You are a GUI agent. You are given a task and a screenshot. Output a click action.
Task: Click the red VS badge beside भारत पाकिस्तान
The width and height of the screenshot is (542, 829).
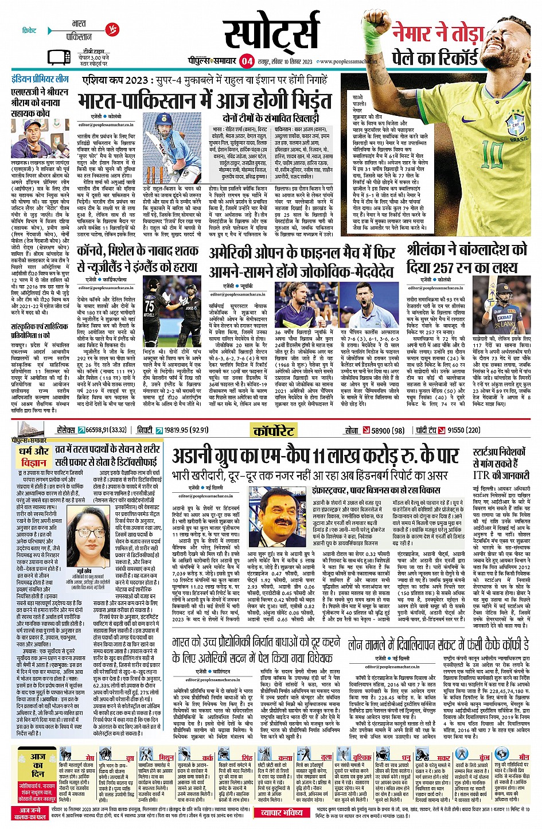point(112,29)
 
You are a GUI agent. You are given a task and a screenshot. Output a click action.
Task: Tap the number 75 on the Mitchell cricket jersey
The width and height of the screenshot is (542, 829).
point(149,305)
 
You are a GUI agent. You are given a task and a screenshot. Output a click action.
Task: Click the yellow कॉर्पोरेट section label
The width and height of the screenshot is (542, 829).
point(274,430)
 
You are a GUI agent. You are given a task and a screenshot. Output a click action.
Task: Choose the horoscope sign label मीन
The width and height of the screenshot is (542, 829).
point(524,758)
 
